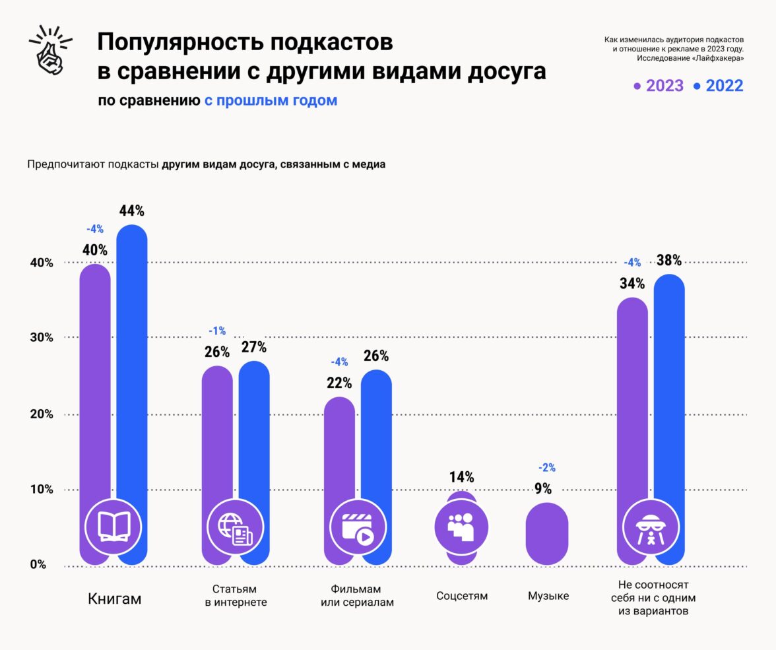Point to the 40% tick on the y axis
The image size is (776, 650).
[40, 263]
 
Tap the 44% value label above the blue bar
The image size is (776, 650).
[132, 211]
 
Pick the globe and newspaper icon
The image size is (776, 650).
[236, 526]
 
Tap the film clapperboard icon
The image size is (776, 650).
[357, 526]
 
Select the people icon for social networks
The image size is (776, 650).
[461, 526]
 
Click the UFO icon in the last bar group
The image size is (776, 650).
[651, 526]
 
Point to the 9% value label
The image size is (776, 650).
[543, 488]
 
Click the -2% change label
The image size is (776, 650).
[547, 468]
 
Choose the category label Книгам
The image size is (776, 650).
[115, 599]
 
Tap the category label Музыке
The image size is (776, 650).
[548, 596]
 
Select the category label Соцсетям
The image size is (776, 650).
[462, 596]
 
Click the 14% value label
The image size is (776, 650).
[461, 477]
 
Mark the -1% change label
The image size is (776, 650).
[217, 331]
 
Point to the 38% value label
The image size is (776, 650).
[668, 260]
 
